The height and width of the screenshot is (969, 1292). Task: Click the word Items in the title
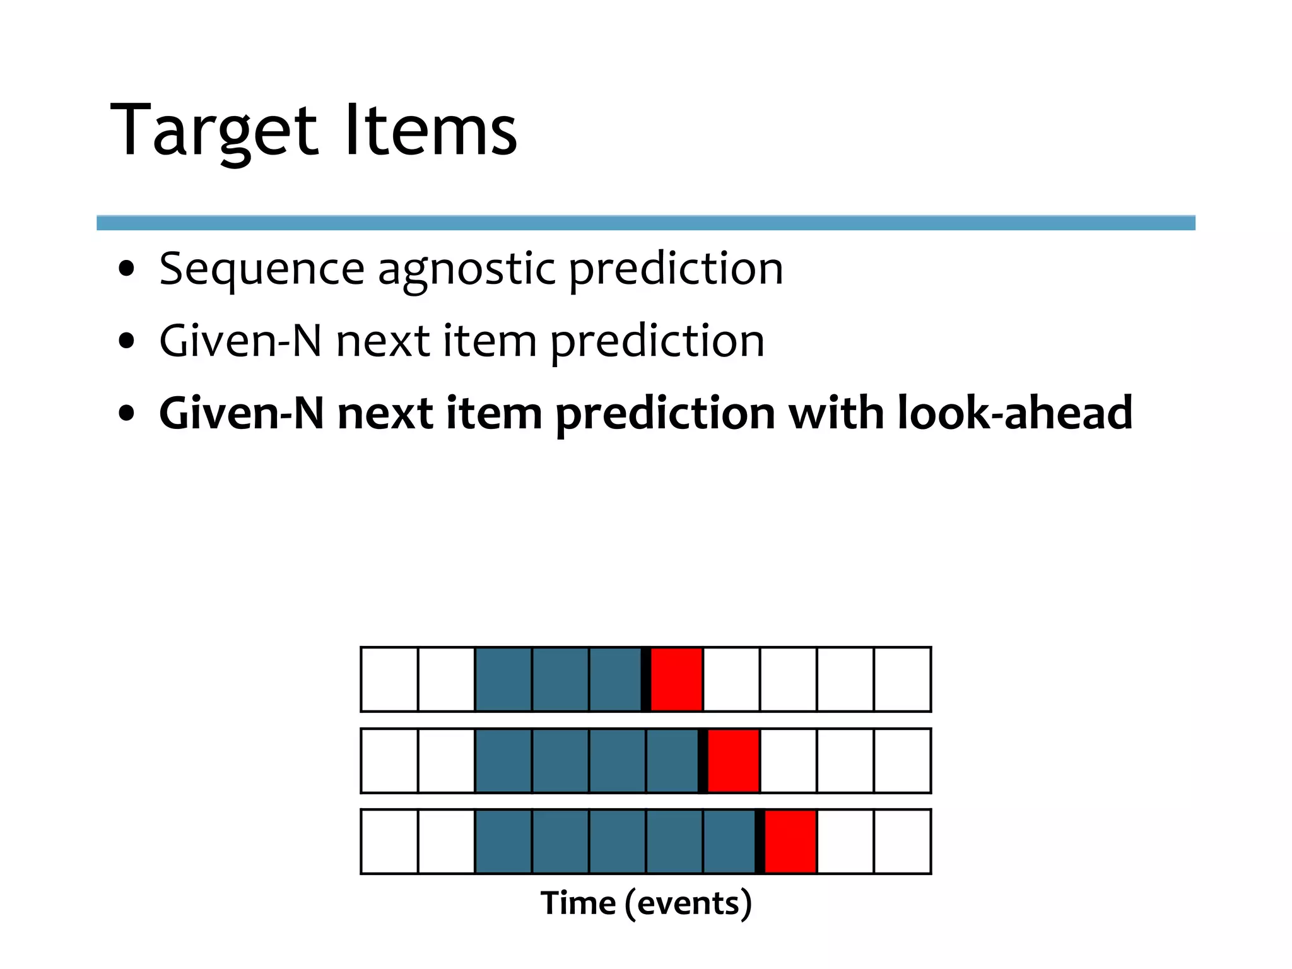[431, 131]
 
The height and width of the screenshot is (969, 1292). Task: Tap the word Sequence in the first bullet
[261, 269]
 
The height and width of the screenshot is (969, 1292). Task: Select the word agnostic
[466, 270]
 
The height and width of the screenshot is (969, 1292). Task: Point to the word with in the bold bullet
[836, 413]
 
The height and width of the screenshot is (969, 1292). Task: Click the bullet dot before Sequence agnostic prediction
[127, 269]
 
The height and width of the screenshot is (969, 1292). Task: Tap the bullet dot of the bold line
[127, 414]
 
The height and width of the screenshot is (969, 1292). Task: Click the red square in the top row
[676, 679]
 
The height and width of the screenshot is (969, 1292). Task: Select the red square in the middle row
[733, 761]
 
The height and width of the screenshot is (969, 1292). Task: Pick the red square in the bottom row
[790, 842]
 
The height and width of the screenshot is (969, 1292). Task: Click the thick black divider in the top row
[646, 679]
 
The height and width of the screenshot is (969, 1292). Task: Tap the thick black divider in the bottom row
[760, 842]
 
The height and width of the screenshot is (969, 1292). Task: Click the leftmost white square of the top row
[389, 679]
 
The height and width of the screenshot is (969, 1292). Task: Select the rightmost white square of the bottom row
[902, 842]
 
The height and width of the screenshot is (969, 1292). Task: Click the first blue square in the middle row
[503, 761]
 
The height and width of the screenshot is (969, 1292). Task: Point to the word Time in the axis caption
[578, 903]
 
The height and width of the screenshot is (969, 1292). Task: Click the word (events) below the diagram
[688, 903]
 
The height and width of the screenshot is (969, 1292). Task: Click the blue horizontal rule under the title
[645, 223]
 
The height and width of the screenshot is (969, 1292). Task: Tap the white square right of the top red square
[731, 679]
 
